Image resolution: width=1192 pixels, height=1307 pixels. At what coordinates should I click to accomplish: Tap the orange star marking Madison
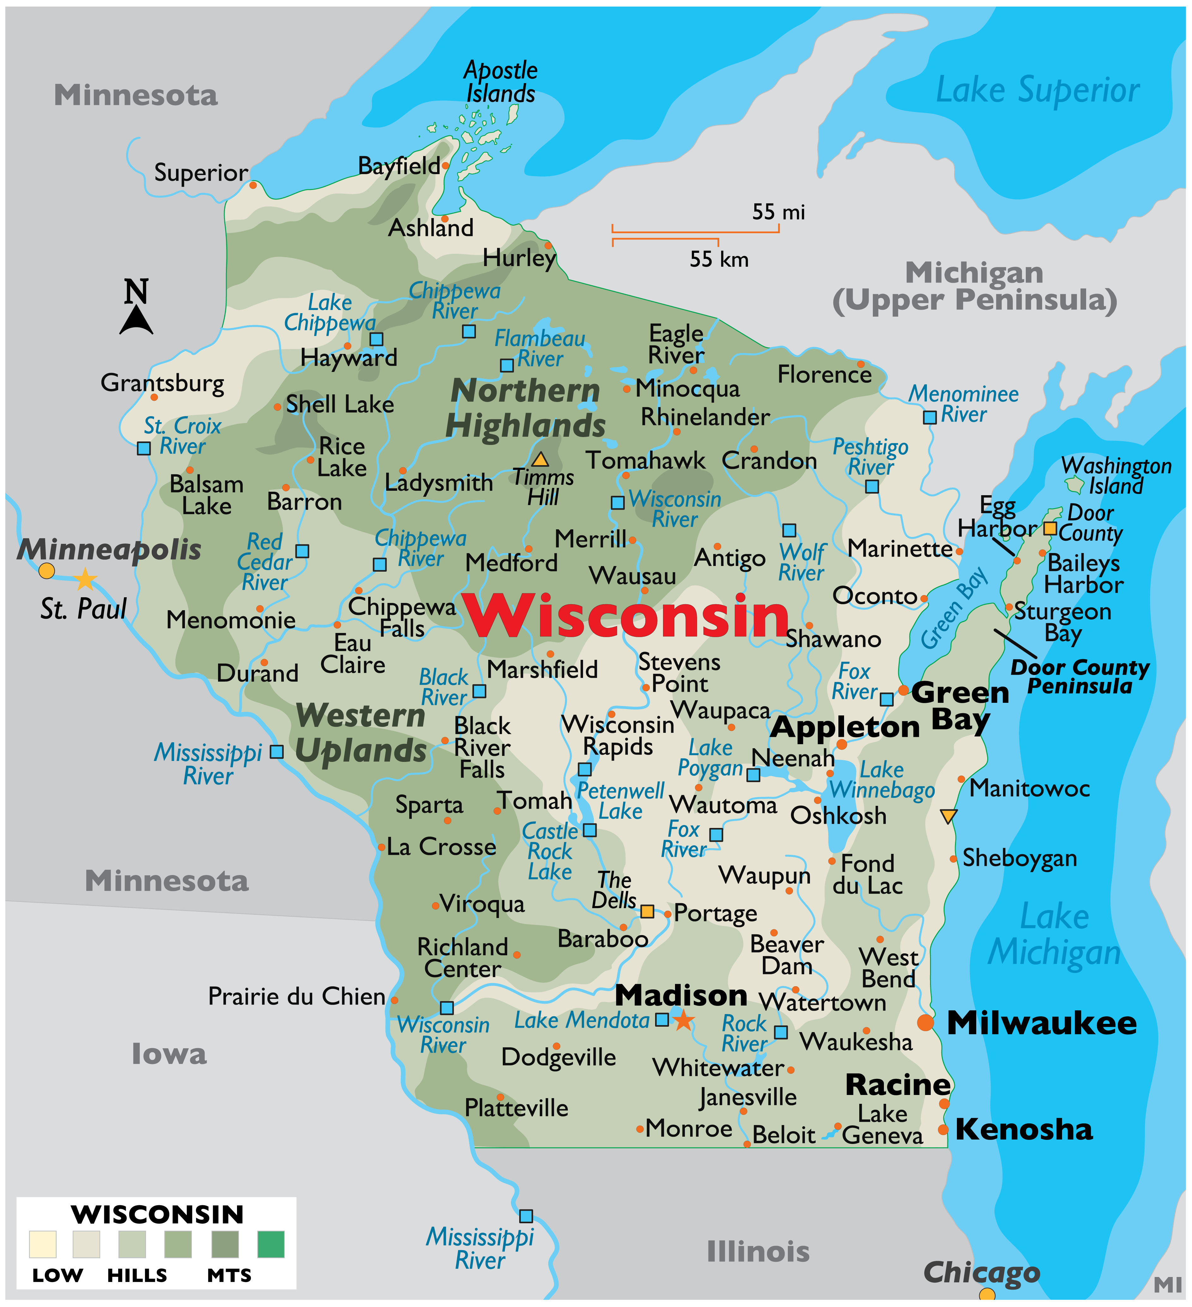click(683, 1021)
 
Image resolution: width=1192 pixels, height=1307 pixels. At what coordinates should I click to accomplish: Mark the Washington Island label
click(1116, 476)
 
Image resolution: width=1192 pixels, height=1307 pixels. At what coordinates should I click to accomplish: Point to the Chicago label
click(981, 1273)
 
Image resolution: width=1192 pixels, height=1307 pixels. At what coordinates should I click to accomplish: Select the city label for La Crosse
click(441, 847)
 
